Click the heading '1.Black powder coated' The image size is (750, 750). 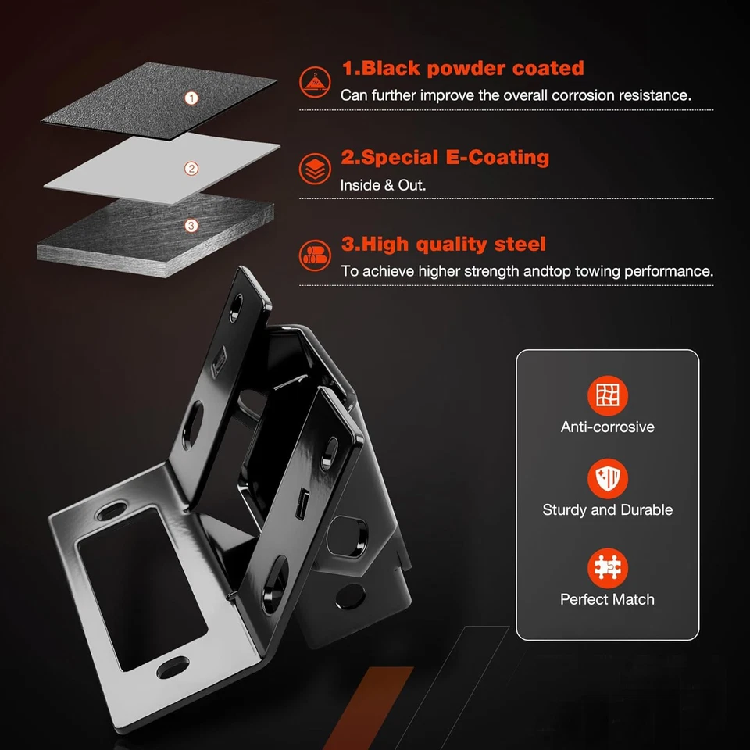click(x=462, y=68)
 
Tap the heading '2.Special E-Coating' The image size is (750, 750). click(x=445, y=157)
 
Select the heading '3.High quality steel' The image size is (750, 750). click(x=443, y=245)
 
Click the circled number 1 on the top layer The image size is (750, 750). click(x=191, y=98)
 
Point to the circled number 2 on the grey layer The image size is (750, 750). click(x=191, y=169)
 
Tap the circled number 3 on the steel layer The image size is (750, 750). click(x=191, y=226)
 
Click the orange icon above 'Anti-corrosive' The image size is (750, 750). click(x=607, y=395)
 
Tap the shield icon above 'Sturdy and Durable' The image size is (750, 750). click(x=607, y=478)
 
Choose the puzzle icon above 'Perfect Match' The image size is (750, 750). click(x=607, y=568)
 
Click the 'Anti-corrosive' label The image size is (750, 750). click(x=607, y=427)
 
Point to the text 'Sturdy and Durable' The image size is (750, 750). click(x=607, y=510)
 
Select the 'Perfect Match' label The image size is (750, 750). click(x=607, y=600)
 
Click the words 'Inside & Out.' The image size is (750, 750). click(x=382, y=186)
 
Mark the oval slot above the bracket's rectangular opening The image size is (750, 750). click(x=109, y=512)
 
